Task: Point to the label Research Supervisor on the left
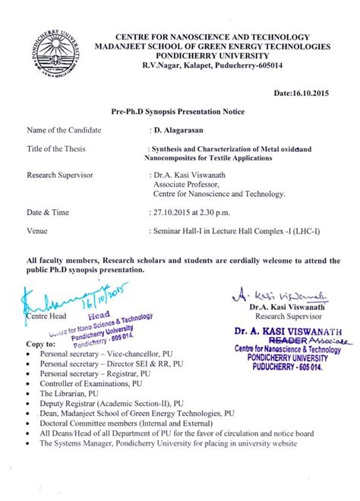click(59, 176)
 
